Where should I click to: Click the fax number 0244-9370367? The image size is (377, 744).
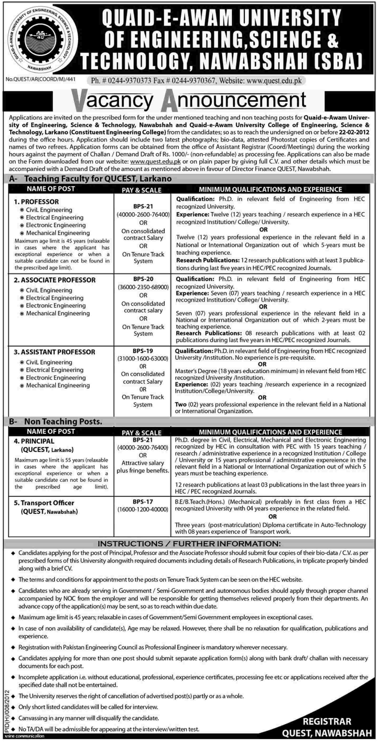pyautogui.click(x=194, y=81)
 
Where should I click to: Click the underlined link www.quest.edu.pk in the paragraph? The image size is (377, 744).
pyautogui.click(x=156, y=161)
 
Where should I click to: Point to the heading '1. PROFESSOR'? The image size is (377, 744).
pyautogui.click(x=36, y=202)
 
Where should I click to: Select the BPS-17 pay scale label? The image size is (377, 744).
pyautogui.click(x=143, y=502)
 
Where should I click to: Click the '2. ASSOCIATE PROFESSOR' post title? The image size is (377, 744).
pyautogui.click(x=54, y=280)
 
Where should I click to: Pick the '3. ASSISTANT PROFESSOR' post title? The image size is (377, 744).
pyautogui.click(x=54, y=352)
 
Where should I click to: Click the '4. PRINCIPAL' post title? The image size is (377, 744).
pyautogui.click(x=34, y=441)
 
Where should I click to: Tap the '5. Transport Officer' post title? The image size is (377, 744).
pyautogui.click(x=44, y=503)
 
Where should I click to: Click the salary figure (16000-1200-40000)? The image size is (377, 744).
pyautogui.click(x=143, y=509)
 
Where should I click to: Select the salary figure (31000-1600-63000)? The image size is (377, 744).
pyautogui.click(x=143, y=358)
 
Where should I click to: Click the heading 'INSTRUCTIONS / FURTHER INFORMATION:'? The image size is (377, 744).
pyautogui.click(x=189, y=544)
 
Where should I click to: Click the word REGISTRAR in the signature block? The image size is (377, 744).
pyautogui.click(x=327, y=721)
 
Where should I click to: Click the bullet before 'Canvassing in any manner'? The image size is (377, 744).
pyautogui.click(x=13, y=718)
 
